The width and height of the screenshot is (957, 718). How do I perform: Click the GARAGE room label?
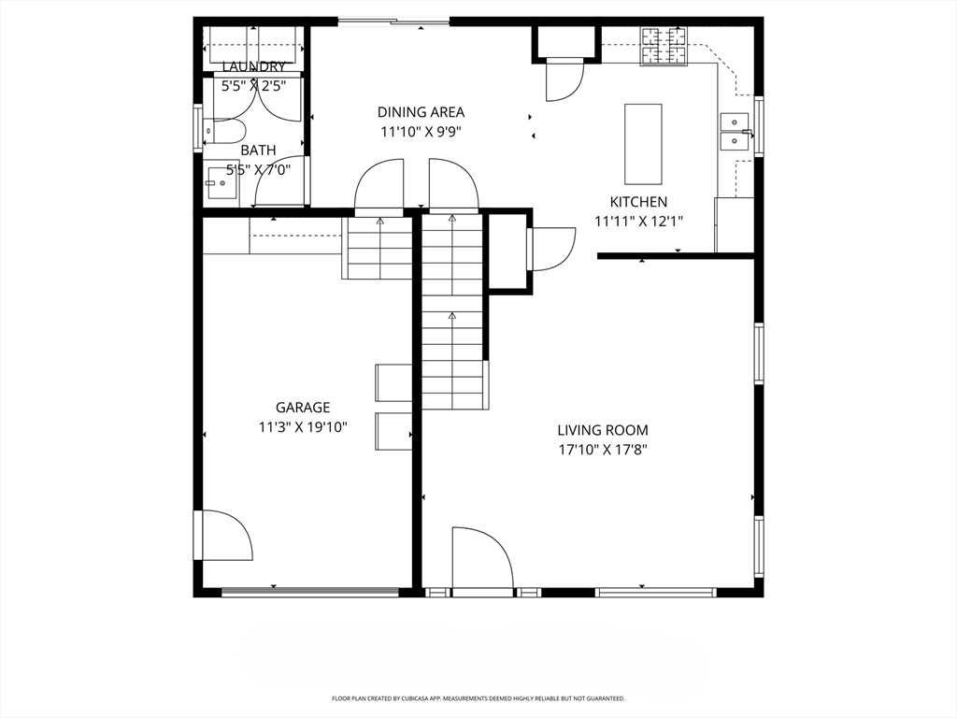pyautogui.click(x=302, y=408)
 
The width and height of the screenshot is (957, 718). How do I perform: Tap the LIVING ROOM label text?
pyautogui.click(x=602, y=430)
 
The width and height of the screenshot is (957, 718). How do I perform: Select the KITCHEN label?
pyautogui.click(x=638, y=202)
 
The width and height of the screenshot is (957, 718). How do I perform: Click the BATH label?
pyautogui.click(x=258, y=150)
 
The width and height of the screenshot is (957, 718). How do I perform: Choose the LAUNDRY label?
pyautogui.click(x=253, y=66)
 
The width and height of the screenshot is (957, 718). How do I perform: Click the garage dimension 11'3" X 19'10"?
pyautogui.click(x=302, y=427)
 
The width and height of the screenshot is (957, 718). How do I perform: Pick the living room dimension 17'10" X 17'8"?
pyautogui.click(x=602, y=450)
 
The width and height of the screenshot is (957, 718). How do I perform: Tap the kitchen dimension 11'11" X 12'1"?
pyautogui.click(x=638, y=222)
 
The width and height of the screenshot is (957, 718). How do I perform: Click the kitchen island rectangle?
pyautogui.click(x=643, y=144)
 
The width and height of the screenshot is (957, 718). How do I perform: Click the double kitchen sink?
pyautogui.click(x=735, y=132)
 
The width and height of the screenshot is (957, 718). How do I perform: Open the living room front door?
pyautogui.click(x=481, y=561)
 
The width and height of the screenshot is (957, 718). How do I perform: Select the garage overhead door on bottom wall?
pyautogui.click(x=309, y=592)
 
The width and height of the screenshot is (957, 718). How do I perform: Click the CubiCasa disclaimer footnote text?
pyautogui.click(x=478, y=698)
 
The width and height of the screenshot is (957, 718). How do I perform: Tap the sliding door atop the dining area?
pyautogui.click(x=393, y=22)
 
